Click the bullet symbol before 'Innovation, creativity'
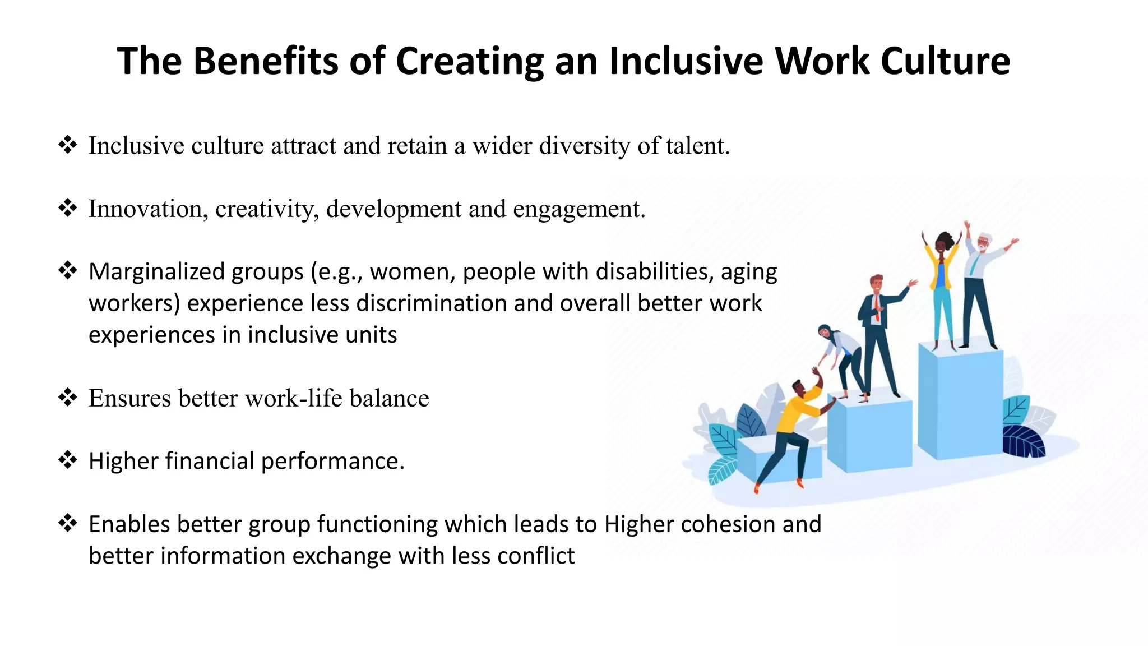(68, 209)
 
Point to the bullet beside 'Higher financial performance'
(68, 460)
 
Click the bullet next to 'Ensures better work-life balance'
(68, 398)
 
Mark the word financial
(210, 461)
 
